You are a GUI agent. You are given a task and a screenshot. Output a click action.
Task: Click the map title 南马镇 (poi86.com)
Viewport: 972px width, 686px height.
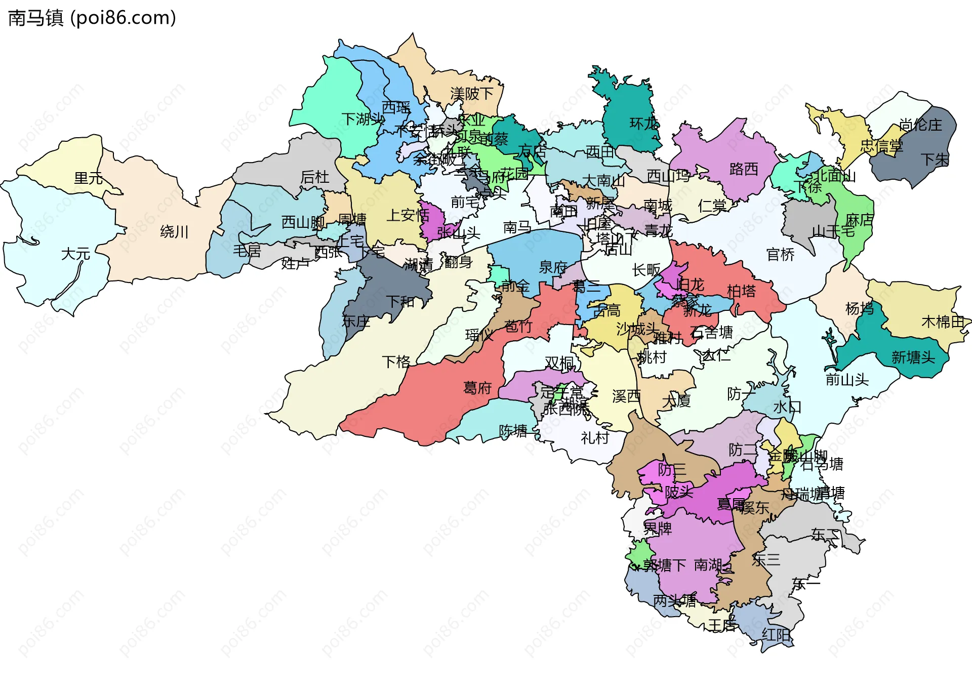92,18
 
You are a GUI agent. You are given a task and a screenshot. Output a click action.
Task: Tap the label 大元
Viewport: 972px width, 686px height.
75,254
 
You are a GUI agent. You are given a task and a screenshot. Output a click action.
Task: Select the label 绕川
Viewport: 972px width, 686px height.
174,232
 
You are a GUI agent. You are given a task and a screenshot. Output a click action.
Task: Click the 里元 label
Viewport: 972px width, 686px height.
89,178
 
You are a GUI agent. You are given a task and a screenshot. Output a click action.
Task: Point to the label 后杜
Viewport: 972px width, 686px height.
314,177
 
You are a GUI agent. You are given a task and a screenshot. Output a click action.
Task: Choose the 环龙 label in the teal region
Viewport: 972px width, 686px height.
644,124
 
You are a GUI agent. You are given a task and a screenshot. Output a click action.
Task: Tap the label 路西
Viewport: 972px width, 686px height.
744,169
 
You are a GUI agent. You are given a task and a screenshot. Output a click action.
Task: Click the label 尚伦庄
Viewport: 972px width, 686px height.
920,125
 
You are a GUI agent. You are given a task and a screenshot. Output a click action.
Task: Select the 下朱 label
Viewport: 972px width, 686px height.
935,159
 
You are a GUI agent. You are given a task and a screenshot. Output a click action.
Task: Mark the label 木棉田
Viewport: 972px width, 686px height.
943,321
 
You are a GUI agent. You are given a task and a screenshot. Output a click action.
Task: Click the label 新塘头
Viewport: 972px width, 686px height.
913,357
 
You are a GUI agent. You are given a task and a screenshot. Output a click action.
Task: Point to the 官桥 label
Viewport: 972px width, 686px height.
780,255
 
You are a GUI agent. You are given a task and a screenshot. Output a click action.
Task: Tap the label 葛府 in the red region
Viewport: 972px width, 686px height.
477,388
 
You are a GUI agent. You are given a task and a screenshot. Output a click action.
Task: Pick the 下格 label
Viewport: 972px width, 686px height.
396,361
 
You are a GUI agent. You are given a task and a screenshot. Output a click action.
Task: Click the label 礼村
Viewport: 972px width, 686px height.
595,438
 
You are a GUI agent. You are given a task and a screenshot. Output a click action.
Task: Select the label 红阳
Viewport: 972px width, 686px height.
776,635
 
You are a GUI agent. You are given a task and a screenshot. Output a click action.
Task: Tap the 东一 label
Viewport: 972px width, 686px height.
805,585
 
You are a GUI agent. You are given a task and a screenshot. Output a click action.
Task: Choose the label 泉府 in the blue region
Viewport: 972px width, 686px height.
553,267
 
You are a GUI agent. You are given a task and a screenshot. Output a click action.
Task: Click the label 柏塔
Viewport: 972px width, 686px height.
741,291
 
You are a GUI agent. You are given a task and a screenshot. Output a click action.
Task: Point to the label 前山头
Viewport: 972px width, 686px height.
847,379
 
